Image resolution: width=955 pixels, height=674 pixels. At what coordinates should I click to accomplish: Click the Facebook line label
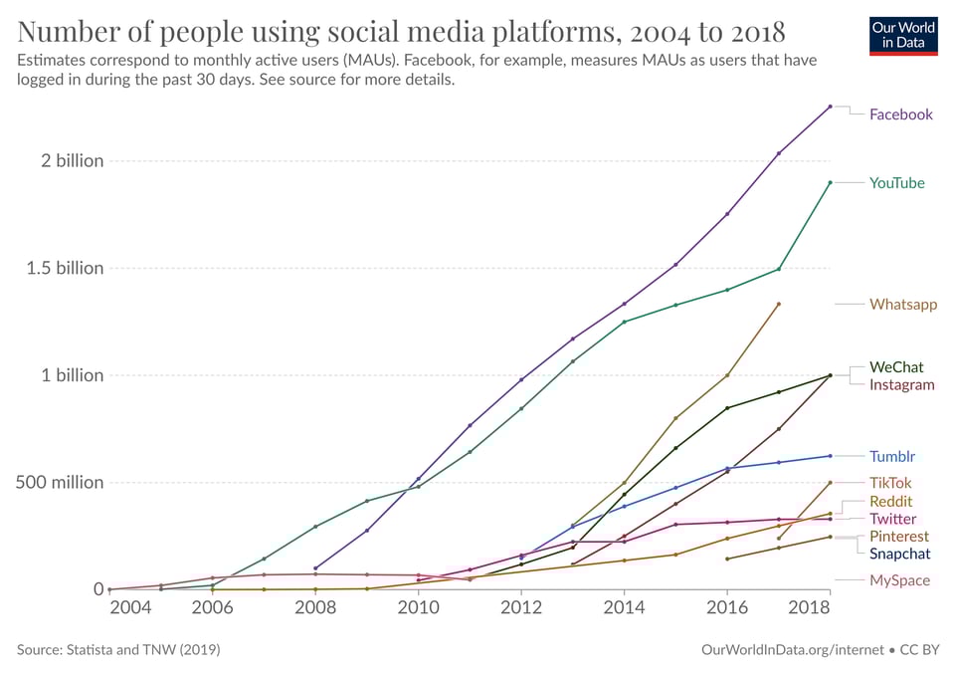[900, 114]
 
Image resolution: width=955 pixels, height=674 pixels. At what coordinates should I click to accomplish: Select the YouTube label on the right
[896, 183]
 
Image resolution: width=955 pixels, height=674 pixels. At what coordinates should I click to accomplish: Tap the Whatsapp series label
[902, 305]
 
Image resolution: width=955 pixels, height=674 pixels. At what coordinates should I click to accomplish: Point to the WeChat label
[896, 367]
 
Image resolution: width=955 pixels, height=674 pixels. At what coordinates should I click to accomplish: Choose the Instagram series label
[901, 385]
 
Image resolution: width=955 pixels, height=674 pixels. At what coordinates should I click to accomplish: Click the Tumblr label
[891, 457]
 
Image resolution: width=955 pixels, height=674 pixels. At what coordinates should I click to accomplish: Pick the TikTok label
[890, 483]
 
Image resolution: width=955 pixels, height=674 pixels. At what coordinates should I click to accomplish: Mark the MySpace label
[899, 580]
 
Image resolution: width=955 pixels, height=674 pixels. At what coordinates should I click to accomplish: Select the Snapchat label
[899, 554]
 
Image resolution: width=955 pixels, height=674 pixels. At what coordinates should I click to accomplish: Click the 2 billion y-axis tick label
[65, 161]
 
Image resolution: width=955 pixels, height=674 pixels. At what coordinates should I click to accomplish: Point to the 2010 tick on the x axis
[418, 607]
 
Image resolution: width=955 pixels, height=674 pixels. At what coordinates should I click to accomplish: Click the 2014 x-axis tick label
[624, 607]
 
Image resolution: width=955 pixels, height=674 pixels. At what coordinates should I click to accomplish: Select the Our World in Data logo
[903, 35]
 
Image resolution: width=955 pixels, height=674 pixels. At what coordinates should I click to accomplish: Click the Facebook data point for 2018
[830, 107]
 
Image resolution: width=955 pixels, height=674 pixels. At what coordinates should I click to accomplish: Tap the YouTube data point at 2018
[830, 182]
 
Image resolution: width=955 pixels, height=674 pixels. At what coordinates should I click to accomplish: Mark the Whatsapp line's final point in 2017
[778, 304]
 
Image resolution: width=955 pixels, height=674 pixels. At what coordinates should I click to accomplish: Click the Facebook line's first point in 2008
[315, 568]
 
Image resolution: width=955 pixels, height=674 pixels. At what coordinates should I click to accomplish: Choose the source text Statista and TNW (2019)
[118, 649]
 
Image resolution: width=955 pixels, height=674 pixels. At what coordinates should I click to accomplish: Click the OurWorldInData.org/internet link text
[792, 649]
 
